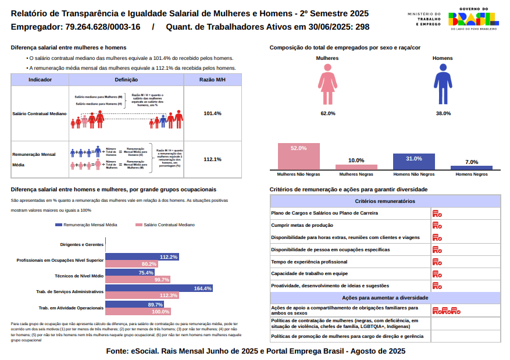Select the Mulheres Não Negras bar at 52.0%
click(298, 156)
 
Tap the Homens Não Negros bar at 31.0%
click(413, 161)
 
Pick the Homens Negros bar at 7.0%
click(472, 167)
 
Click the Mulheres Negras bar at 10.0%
click(356, 166)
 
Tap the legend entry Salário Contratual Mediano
click(165, 224)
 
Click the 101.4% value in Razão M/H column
click(212, 113)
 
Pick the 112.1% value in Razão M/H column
click(212, 159)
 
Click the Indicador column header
click(40, 80)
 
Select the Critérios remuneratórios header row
click(385, 201)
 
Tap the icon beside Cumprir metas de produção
click(437, 226)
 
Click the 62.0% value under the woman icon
click(327, 113)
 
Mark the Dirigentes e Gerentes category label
click(81, 244)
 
